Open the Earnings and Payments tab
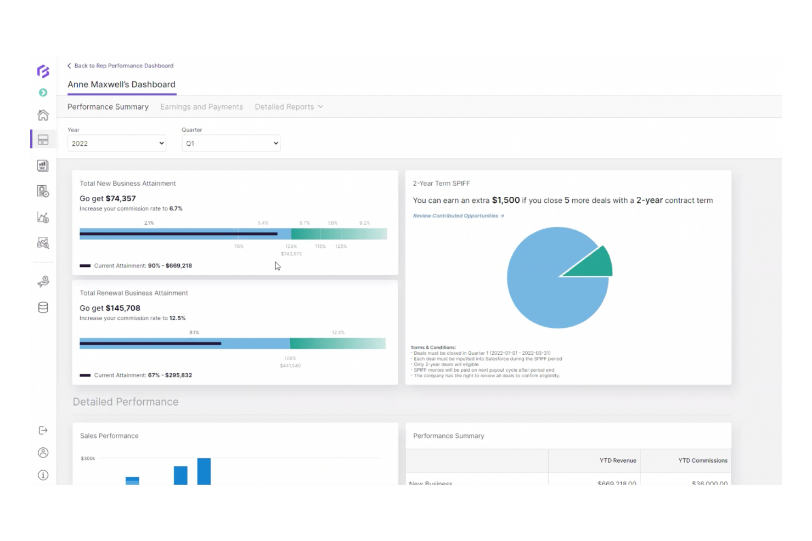[x=201, y=107]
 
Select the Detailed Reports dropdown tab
[x=289, y=107]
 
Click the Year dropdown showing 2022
[x=117, y=144]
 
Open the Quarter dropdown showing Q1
[x=231, y=144]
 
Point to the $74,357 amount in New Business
[x=121, y=198]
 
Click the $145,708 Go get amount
[x=123, y=308]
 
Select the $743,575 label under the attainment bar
[x=291, y=254]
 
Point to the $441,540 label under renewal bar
[x=290, y=366]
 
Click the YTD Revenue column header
[x=618, y=460]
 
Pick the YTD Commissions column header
[x=702, y=460]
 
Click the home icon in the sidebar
[x=43, y=115]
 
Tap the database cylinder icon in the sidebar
[x=43, y=307]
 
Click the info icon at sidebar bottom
[x=43, y=475]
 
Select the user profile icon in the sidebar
[x=43, y=453]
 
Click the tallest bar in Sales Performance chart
[x=204, y=471]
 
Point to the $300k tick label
[x=88, y=458]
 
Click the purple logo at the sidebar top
[x=43, y=71]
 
